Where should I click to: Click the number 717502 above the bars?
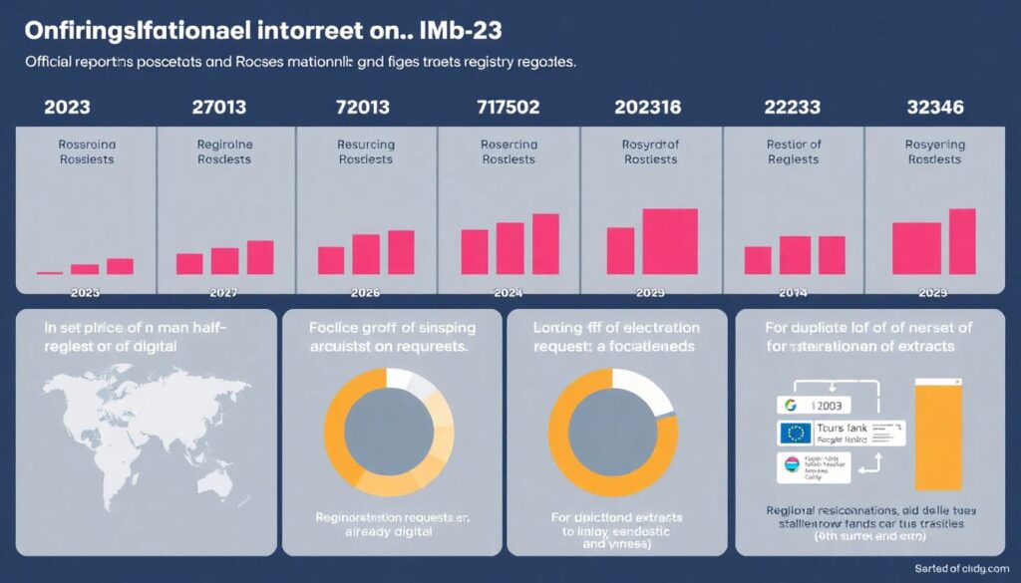click(510, 107)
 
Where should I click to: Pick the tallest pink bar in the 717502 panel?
click(545, 243)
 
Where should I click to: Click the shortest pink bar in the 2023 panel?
click(49, 272)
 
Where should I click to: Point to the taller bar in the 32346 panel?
click(961, 241)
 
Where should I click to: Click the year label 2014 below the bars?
click(793, 294)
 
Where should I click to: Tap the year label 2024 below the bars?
click(510, 294)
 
